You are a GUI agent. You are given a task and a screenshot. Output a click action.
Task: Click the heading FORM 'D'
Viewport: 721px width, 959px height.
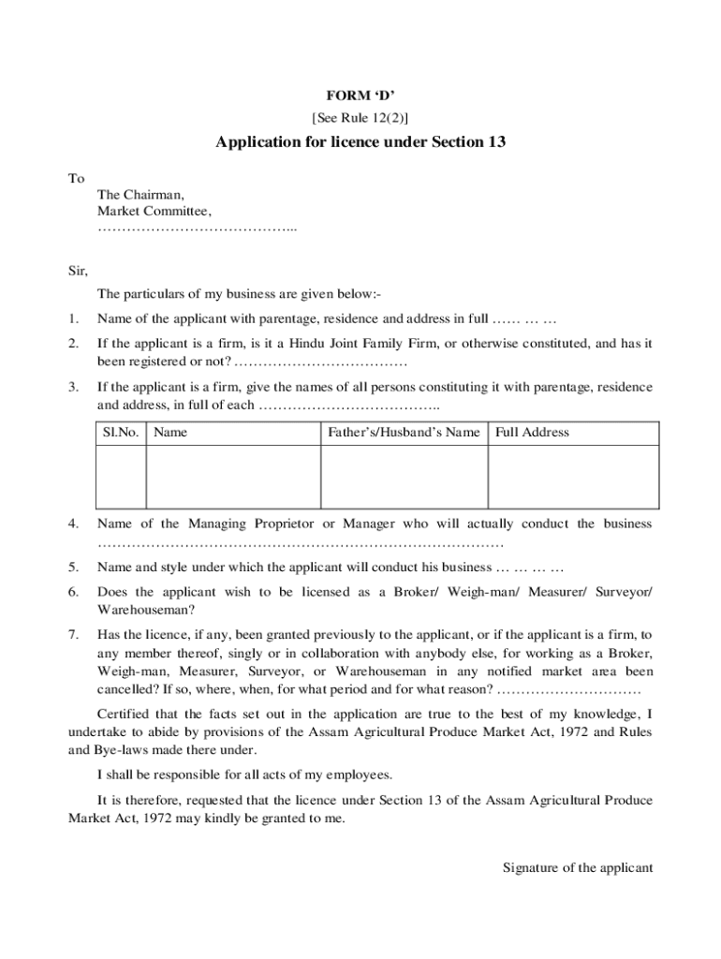(x=360, y=96)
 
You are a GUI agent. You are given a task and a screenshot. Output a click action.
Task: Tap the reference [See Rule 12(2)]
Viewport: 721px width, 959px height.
(x=360, y=117)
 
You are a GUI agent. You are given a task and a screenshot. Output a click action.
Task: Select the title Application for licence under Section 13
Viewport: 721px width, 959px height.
(x=360, y=142)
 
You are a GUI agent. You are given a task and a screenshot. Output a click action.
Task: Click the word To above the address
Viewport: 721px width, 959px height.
(x=76, y=178)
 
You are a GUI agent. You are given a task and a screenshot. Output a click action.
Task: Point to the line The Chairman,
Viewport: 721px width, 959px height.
(x=140, y=195)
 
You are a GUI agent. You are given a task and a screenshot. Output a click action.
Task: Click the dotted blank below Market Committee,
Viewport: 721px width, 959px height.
(x=197, y=229)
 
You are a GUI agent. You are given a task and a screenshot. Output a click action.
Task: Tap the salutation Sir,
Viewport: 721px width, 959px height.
(x=78, y=272)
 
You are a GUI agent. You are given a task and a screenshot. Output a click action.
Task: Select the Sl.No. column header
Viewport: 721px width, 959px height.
(x=120, y=432)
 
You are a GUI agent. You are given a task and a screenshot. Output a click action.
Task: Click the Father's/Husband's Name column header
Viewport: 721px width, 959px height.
(x=404, y=432)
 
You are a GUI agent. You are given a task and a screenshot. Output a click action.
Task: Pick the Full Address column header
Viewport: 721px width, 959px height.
(x=532, y=432)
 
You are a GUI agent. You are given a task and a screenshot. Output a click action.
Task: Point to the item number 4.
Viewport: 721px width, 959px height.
(x=73, y=524)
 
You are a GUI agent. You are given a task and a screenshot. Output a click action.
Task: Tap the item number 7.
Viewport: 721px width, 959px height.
(x=73, y=634)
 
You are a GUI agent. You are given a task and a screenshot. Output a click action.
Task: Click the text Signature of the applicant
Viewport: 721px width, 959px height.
(x=578, y=867)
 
